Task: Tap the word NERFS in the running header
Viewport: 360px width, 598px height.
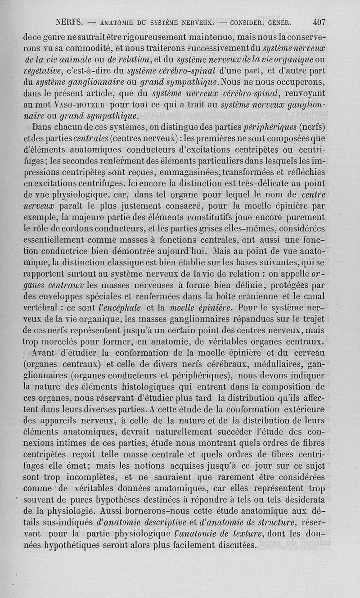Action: click(68, 21)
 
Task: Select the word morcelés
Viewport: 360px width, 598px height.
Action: click(67, 341)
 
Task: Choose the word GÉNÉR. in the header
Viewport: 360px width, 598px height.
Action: click(278, 21)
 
